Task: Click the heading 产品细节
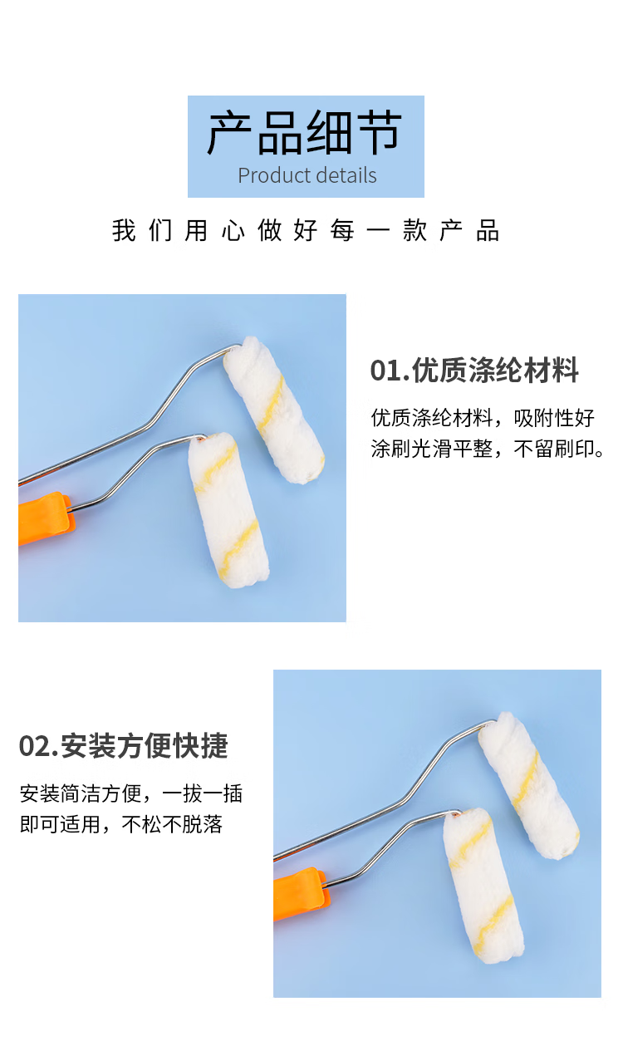tap(304, 133)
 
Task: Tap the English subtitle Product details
tap(307, 175)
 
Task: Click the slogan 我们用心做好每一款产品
tap(306, 230)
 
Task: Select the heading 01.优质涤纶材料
tap(474, 370)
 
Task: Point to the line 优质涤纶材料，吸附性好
tap(483, 418)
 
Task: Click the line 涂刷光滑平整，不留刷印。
tap(487, 449)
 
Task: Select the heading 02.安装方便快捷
tap(124, 745)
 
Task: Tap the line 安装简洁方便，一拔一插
tap(131, 793)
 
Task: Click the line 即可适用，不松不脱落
tap(121, 824)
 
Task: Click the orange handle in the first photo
tap(45, 518)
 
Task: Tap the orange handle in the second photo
tap(301, 894)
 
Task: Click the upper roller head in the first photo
tap(273, 410)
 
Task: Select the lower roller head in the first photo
tap(228, 510)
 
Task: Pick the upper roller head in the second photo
tap(528, 785)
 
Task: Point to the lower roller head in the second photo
tap(483, 886)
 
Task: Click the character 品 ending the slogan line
tap(488, 230)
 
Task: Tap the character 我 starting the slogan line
tap(124, 230)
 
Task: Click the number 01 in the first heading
tap(385, 371)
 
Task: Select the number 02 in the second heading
tap(33, 746)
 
